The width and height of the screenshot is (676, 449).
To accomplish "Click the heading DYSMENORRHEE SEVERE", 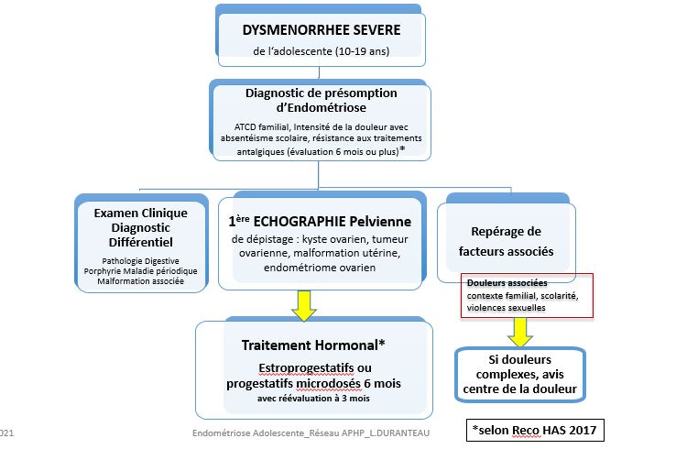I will [x=321, y=28].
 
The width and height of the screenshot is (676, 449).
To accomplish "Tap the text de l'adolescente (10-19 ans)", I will [x=321, y=50].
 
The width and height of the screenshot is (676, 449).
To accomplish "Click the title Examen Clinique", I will [x=141, y=213].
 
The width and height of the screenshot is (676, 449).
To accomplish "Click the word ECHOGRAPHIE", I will [x=351, y=221].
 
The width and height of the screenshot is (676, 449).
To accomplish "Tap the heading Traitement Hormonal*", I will [x=313, y=345].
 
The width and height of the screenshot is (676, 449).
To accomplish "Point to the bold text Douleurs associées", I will [x=500, y=282].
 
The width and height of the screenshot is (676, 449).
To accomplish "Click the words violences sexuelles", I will [x=507, y=308].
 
